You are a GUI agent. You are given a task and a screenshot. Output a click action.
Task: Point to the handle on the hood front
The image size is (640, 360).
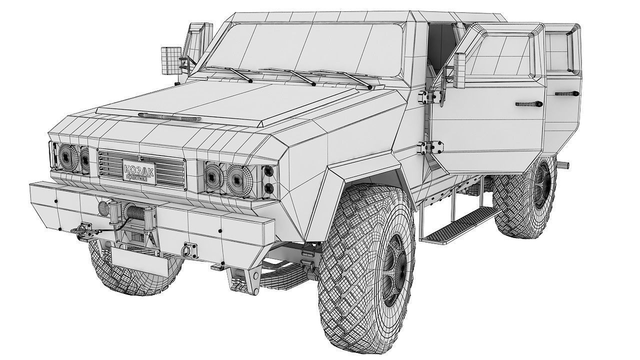coord(169,117)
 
